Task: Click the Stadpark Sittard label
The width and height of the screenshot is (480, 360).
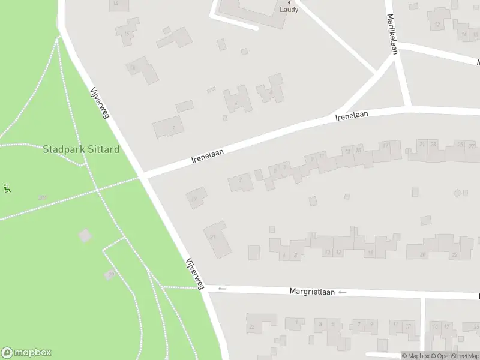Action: (80, 149)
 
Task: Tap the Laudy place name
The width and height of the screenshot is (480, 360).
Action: (289, 10)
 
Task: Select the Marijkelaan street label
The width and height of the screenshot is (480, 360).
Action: (392, 34)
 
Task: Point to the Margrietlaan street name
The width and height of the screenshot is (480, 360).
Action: (311, 292)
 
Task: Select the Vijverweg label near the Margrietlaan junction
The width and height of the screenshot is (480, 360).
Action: (195, 274)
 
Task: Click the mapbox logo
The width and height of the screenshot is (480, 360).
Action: (26, 353)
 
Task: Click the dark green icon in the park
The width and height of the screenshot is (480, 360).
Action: (7, 188)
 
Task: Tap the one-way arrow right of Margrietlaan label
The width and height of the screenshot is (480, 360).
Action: (342, 292)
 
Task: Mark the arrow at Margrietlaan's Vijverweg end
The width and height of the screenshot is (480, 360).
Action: (222, 289)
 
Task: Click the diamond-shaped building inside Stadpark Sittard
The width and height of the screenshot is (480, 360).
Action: (85, 235)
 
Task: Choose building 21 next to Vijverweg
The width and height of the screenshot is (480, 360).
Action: (217, 239)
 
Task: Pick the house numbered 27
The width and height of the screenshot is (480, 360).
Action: (472, 146)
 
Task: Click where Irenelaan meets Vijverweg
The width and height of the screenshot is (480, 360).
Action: (143, 176)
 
